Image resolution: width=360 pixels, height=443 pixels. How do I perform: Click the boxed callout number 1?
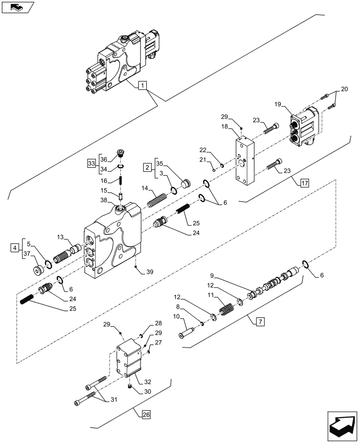pos(142,85)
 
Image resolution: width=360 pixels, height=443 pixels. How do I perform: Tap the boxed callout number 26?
pos(146,415)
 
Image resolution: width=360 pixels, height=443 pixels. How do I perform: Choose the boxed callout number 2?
pos(146,167)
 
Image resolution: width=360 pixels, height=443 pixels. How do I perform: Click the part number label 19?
pos(278,105)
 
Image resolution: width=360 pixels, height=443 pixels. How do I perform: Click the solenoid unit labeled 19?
pos(306,128)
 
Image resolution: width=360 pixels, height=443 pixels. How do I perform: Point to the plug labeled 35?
pos(185,183)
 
